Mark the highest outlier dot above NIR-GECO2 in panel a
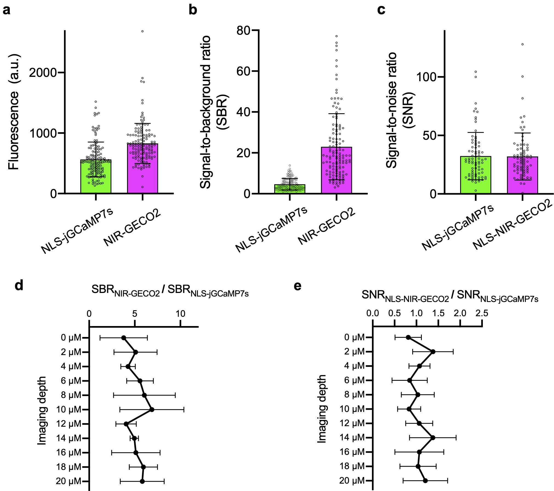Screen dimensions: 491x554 pos(142,31)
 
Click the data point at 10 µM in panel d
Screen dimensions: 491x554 pos(152,409)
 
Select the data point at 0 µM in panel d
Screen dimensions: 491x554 pos(124,338)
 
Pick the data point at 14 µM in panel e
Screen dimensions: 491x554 pos(433,438)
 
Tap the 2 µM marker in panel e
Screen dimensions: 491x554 pos(433,352)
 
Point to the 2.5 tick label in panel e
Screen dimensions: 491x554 pos(482,313)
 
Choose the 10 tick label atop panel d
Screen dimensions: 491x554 pos(180,313)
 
